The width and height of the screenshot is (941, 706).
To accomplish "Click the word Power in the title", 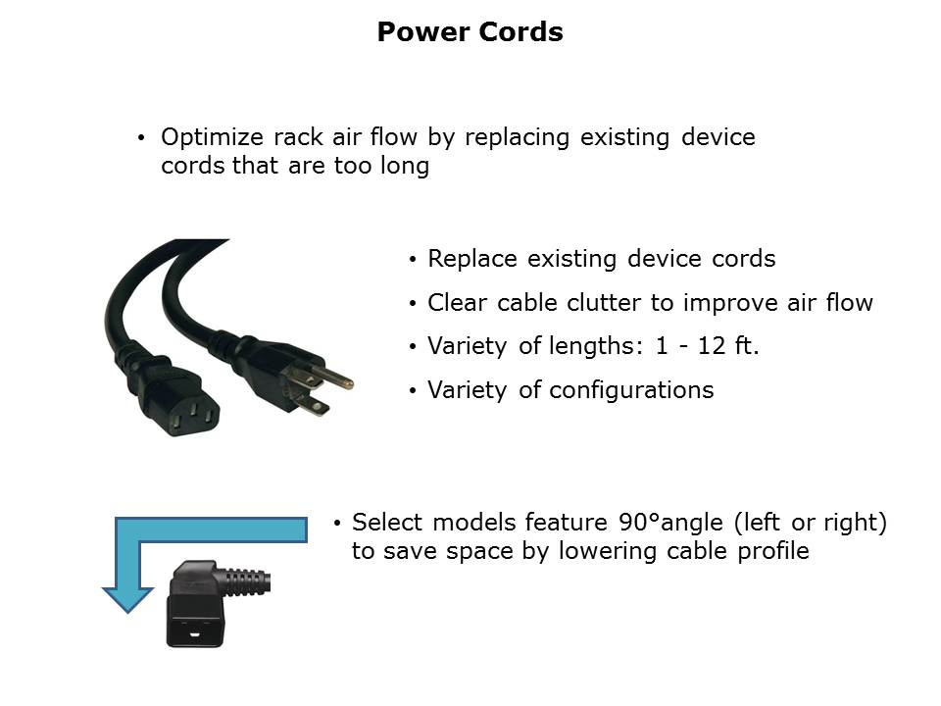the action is (422, 31).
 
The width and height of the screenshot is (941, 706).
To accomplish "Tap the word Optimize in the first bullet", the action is (212, 138).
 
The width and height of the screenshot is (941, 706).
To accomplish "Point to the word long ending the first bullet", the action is (405, 167).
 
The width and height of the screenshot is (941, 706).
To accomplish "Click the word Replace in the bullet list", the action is (472, 259).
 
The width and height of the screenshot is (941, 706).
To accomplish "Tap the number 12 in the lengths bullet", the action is (712, 346).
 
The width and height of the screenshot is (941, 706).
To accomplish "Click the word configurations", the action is (631, 391).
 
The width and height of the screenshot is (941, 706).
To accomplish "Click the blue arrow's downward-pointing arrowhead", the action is (127, 600).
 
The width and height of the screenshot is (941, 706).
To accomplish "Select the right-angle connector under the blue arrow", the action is (207, 603).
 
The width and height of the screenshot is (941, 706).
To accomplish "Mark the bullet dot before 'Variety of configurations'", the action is (413, 391).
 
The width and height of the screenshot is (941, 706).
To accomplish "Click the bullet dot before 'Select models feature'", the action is (336, 524).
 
